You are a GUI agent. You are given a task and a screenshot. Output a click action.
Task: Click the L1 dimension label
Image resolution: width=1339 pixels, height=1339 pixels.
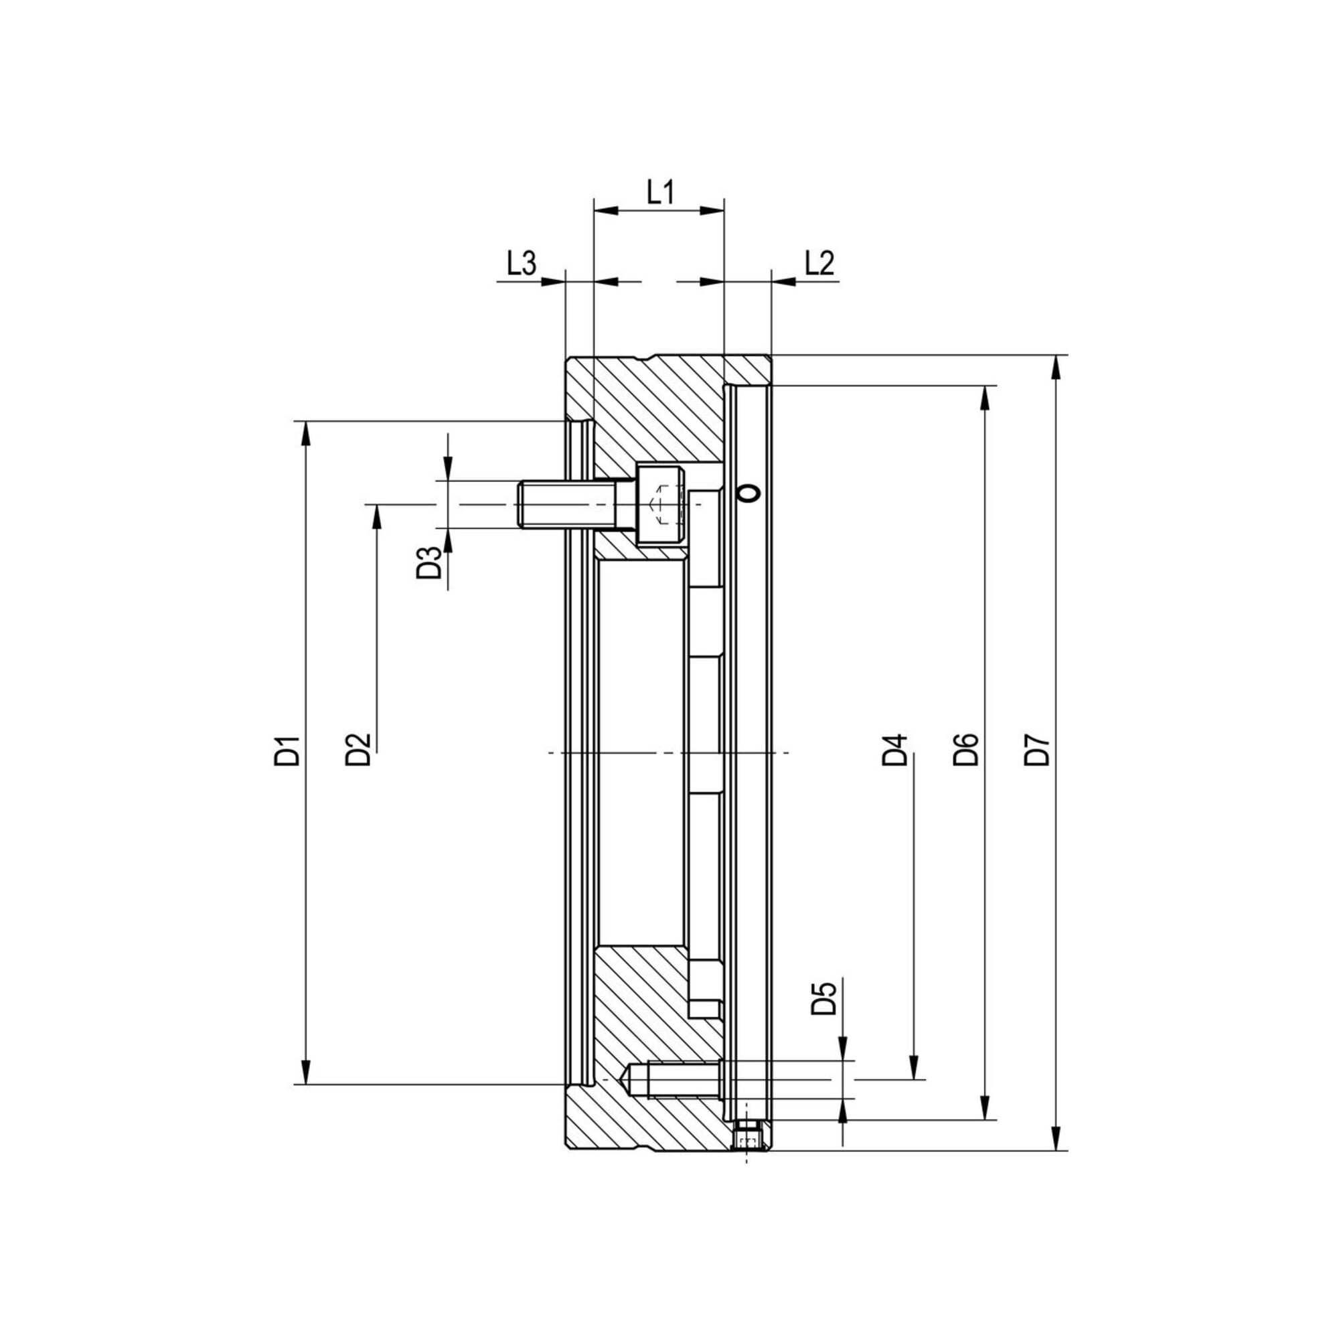(x=661, y=192)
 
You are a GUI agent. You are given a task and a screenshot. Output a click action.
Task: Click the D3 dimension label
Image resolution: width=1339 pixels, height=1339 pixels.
(x=429, y=563)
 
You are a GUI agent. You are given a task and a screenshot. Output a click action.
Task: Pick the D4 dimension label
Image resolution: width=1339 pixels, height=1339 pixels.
(x=894, y=750)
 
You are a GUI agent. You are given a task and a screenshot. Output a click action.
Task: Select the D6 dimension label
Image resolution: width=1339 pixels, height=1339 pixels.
(x=965, y=750)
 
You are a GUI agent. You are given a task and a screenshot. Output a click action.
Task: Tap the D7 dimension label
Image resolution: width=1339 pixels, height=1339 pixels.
(x=1038, y=750)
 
